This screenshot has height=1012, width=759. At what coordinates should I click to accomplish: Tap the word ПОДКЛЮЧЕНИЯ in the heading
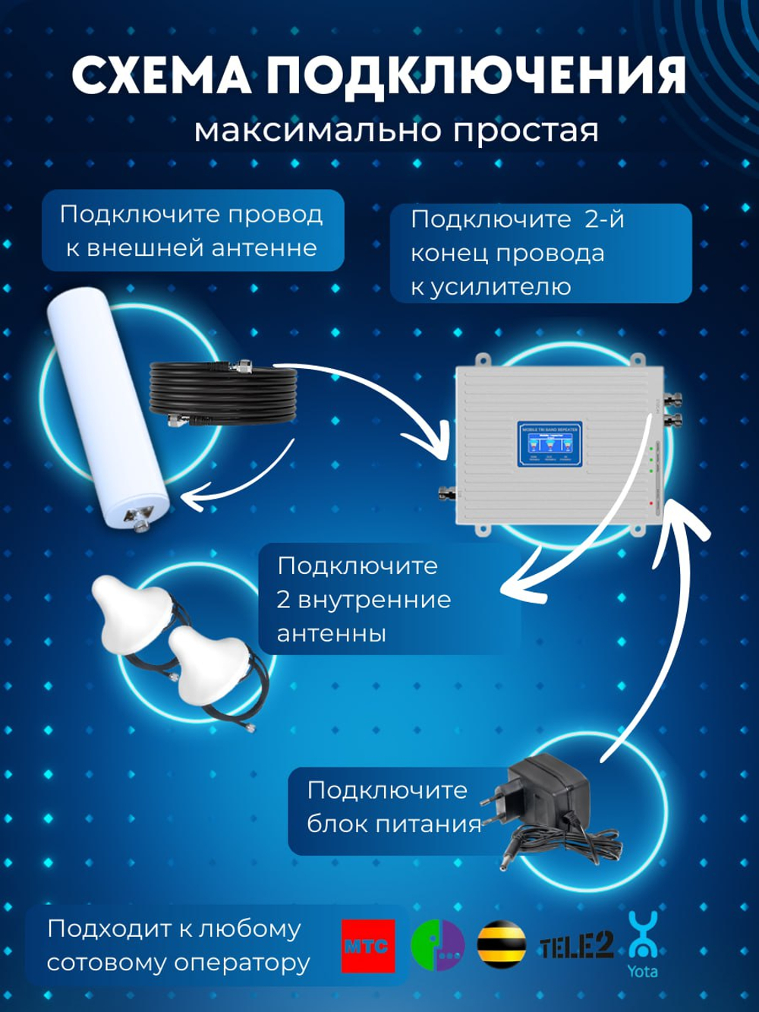click(x=477, y=77)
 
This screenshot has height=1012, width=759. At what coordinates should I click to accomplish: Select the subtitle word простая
click(x=526, y=130)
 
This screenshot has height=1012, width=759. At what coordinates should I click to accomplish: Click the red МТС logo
click(x=368, y=946)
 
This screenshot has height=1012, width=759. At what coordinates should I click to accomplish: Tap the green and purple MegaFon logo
click(x=437, y=946)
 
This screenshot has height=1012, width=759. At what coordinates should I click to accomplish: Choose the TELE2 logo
click(x=576, y=946)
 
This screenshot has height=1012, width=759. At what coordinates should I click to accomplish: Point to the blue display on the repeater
click(x=550, y=444)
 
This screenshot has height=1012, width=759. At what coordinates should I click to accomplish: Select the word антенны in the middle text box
click(x=331, y=633)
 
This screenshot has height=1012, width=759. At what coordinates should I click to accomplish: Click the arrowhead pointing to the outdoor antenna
click(x=190, y=500)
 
